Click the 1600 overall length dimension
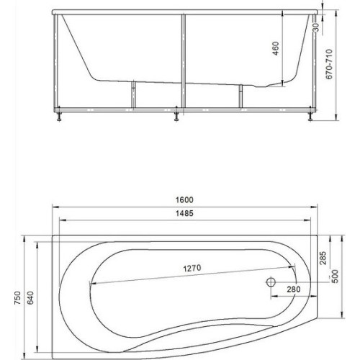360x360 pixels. coord(184,200)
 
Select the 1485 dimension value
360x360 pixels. coord(184,213)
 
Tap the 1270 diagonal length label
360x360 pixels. coord(192,268)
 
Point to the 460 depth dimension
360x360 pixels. coord(276,48)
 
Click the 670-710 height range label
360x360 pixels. coord(329,64)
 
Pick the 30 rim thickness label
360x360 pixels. coord(316,27)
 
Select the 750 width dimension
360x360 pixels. coord(18,298)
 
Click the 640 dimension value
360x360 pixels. coord(30,298)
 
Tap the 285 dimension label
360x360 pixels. coord(323,258)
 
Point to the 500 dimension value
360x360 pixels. coord(336,276)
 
